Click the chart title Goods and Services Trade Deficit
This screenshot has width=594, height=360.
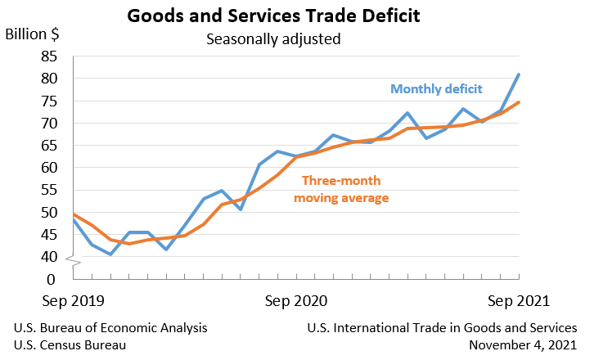click(296, 16)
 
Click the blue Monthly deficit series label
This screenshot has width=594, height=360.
click(436, 89)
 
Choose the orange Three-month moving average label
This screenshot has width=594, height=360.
click(340, 189)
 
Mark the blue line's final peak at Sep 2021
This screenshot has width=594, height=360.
click(519, 74)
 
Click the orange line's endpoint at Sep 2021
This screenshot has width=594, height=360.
click(519, 102)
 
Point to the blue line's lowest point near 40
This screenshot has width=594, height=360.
click(110, 254)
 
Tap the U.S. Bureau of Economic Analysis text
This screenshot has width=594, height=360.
click(110, 328)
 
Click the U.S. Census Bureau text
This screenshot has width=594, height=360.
click(70, 345)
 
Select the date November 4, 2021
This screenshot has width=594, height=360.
click(524, 345)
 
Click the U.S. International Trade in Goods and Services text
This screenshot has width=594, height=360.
click(443, 328)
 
